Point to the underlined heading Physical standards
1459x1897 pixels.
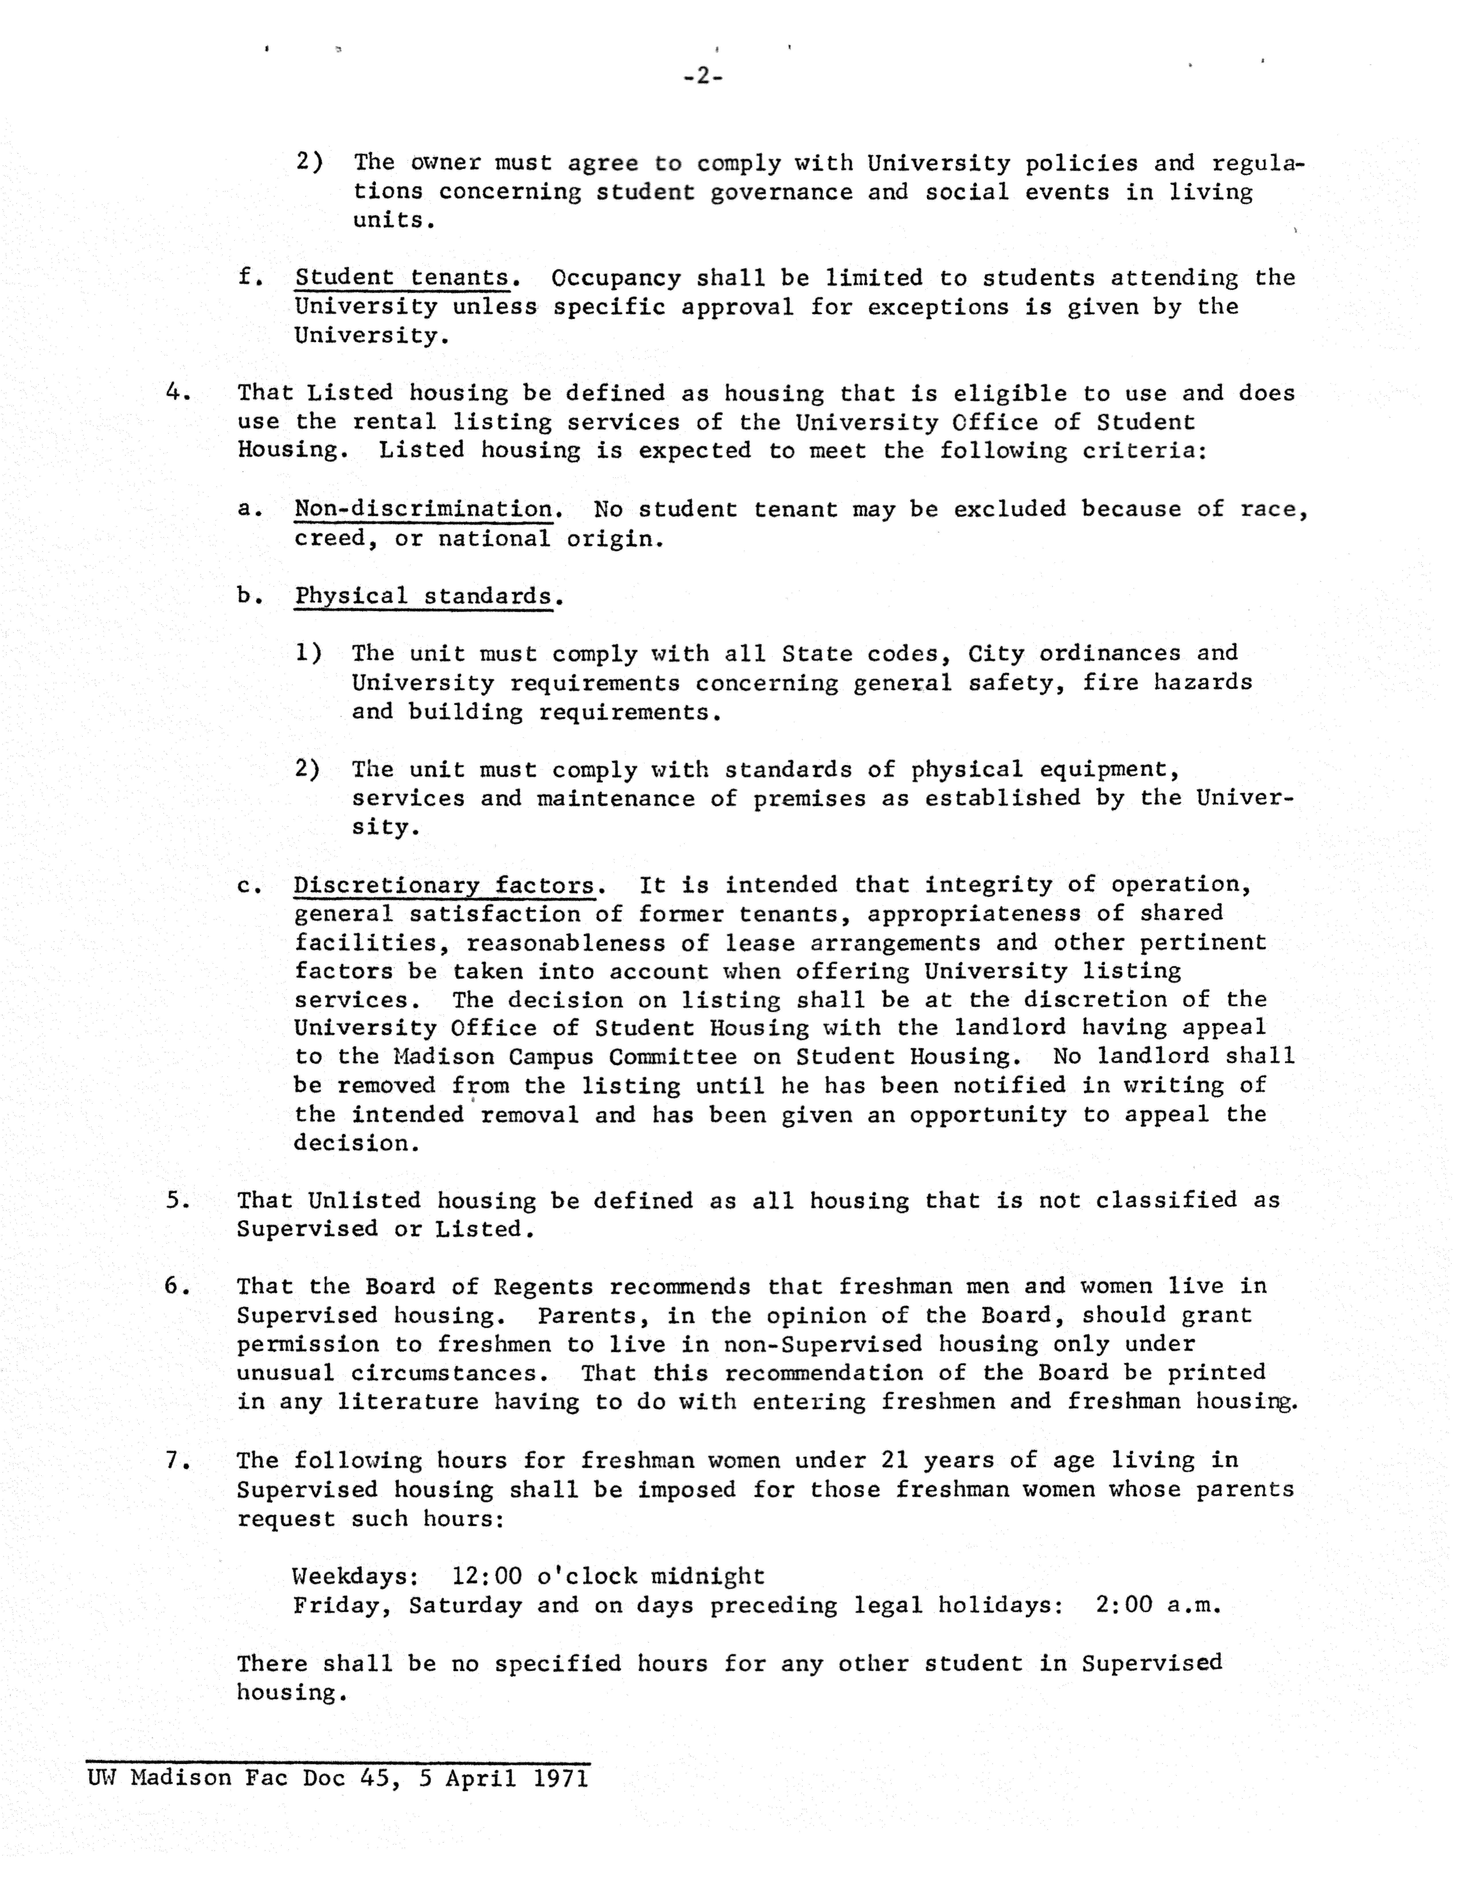coord(424,596)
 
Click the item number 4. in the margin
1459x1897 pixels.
coord(178,393)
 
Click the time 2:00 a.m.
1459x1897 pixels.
coord(1158,1605)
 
